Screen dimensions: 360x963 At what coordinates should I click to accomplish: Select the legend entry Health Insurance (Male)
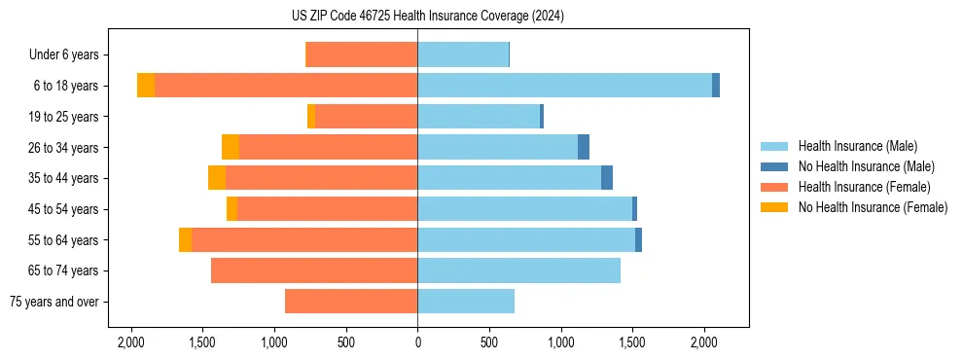856,146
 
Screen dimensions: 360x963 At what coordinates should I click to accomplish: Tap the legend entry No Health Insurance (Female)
873,207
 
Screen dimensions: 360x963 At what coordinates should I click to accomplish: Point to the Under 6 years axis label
69,55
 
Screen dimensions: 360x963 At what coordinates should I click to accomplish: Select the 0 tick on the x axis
417,342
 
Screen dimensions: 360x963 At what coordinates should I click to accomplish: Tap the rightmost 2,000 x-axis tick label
704,342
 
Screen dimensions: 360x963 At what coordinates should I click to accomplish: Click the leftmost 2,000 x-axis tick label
130,342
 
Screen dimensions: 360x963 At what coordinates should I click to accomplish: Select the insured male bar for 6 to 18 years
564,86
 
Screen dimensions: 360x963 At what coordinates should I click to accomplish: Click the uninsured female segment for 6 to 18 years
146,86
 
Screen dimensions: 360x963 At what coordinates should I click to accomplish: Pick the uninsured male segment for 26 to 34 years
584,147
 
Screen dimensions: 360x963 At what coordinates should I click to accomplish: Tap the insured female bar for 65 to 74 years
314,270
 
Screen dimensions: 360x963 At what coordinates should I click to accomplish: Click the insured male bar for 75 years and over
466,302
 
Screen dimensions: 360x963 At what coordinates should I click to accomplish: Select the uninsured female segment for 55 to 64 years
185,239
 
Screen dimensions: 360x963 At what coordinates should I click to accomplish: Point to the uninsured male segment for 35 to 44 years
607,178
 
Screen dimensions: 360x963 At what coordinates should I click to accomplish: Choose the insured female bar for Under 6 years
362,55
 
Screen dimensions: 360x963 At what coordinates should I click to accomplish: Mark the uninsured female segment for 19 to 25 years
311,117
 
